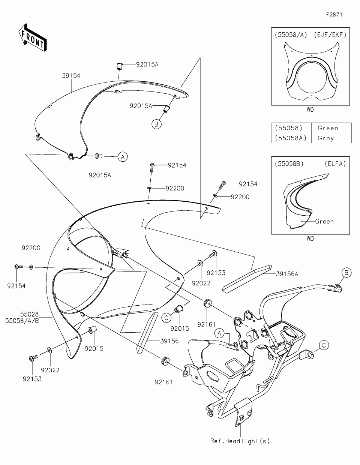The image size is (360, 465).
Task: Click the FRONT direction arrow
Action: click(x=32, y=37)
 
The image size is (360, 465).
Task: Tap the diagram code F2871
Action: click(x=334, y=15)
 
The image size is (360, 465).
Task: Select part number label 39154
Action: click(x=71, y=75)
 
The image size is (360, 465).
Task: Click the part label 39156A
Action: click(x=287, y=274)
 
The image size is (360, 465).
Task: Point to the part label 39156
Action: click(x=169, y=341)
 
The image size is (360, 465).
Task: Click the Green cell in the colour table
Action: click(x=328, y=128)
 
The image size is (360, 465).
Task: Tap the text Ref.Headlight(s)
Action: click(x=240, y=441)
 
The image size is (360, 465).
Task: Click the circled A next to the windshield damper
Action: click(x=123, y=157)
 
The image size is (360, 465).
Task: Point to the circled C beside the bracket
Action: click(x=324, y=345)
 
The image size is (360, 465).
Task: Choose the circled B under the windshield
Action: click(x=157, y=124)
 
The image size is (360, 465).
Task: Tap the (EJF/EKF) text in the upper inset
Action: click(x=331, y=34)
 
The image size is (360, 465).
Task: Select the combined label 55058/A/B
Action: click(x=24, y=321)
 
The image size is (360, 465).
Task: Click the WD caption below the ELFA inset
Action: click(x=310, y=238)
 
